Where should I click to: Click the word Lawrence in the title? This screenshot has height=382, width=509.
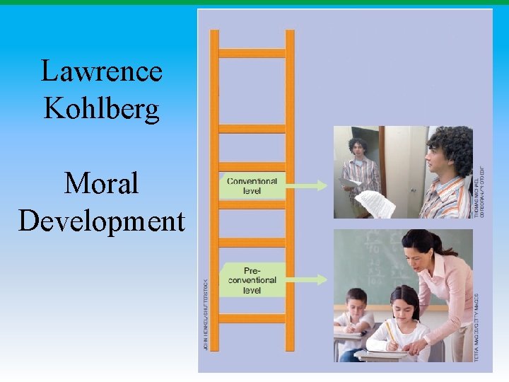[102, 71]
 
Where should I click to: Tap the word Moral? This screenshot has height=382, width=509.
[101, 184]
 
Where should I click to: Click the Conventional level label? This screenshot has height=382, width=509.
[252, 185]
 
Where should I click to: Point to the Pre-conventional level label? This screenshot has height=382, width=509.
[252, 280]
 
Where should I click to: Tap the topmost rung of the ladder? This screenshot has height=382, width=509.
[252, 53]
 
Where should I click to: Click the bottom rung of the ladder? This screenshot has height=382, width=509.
[252, 318]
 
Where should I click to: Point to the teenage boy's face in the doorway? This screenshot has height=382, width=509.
[358, 148]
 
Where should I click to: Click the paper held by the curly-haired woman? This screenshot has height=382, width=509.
[375, 203]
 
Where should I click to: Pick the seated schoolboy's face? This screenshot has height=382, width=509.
[356, 303]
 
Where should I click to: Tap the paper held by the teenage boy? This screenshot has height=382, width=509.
[349, 183]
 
